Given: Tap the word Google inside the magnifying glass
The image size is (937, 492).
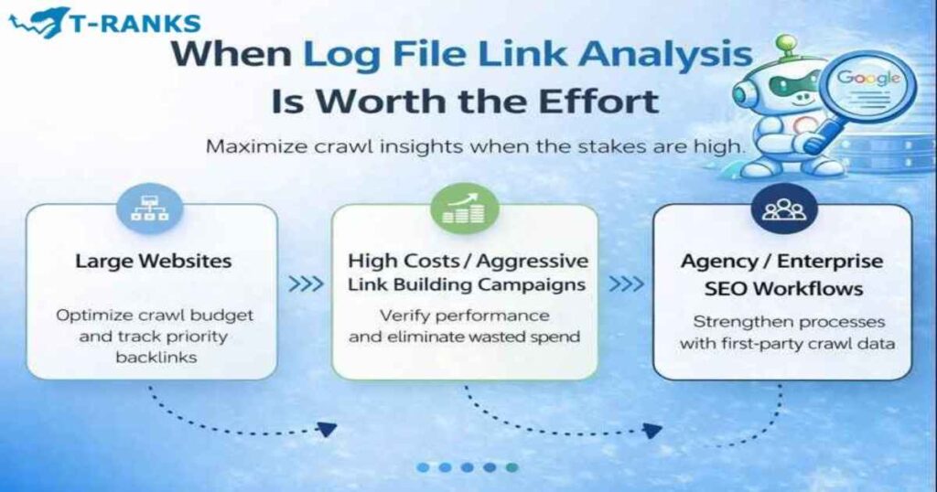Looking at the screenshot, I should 868,78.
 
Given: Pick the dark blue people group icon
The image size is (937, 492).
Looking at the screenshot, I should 783,209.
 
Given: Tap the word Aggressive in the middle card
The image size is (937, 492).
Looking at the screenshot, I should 535,261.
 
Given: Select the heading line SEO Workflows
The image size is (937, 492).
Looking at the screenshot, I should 782,289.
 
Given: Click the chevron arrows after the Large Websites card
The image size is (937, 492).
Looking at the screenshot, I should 306,284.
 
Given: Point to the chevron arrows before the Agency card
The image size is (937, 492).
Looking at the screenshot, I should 627,284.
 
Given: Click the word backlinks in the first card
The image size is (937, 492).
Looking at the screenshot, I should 151,357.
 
